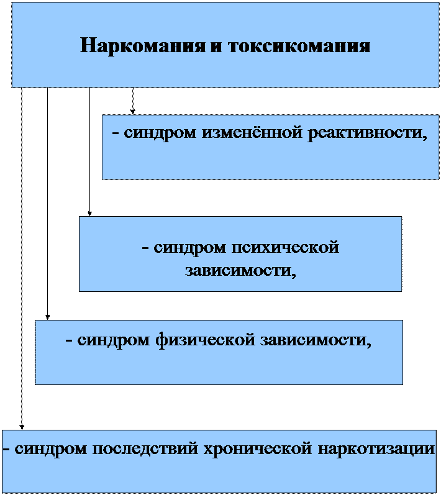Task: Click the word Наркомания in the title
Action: pos(142,46)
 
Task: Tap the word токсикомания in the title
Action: pos(299,46)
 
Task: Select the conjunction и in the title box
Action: pos(216,47)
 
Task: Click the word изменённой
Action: pos(252,132)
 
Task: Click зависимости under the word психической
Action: pos(240,271)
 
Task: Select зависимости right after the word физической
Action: pos(316,340)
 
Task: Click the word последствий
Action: pos(145,449)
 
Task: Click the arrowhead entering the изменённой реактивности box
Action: pos(133,112)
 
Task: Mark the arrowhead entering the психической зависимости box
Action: pos(89,214)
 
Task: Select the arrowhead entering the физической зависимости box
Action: pos(48,317)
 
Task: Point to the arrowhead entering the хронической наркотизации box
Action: pos(22,427)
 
